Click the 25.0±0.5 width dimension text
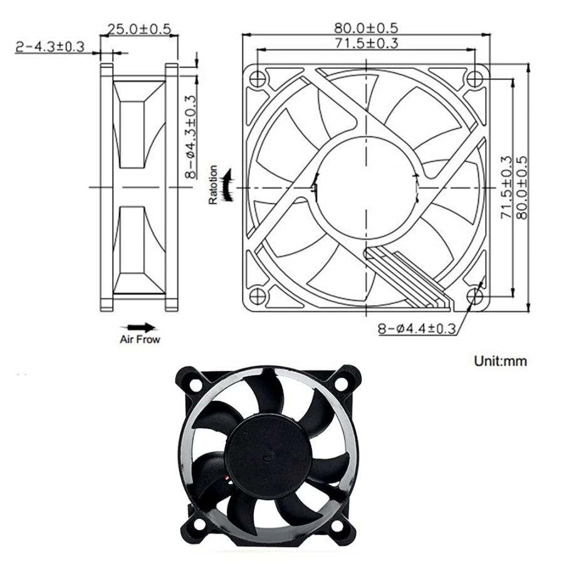139,29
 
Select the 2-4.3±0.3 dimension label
50,47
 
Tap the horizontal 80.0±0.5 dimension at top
366,28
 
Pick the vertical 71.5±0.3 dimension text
506,187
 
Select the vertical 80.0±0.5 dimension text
521,187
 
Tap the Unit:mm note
500,361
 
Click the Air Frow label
140,340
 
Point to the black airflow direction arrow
140,327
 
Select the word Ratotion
214,185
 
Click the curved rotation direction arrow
228,185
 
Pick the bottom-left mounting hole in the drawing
258,296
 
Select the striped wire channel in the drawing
407,279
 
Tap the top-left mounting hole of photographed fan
195,380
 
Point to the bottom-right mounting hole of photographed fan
343,526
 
